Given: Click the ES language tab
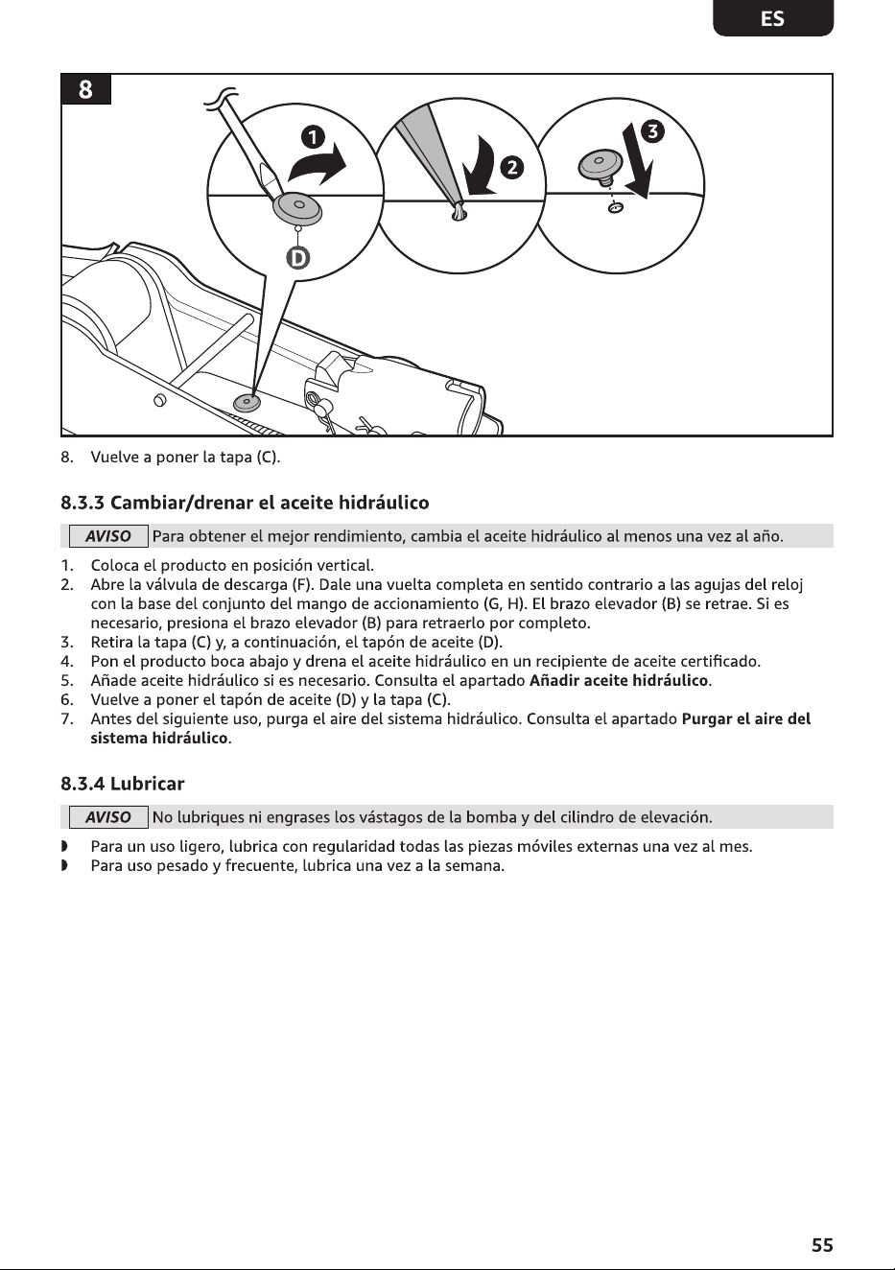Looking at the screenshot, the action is pyautogui.click(x=773, y=18).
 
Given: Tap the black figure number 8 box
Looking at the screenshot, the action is pyautogui.click(x=85, y=89).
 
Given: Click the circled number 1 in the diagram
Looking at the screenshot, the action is pyautogui.click(x=313, y=137).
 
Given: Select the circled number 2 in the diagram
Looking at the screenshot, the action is pyautogui.click(x=512, y=168).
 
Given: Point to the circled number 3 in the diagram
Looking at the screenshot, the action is pyautogui.click(x=652, y=131).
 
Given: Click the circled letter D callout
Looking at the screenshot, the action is pyautogui.click(x=297, y=259).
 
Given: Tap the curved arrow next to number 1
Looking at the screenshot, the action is pyautogui.click(x=318, y=164).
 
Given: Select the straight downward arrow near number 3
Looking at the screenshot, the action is pyautogui.click(x=639, y=161).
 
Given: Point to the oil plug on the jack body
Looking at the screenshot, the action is pyautogui.click(x=247, y=403).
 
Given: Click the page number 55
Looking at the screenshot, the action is pyautogui.click(x=822, y=1245).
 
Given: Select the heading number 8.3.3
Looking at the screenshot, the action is pyautogui.click(x=82, y=503).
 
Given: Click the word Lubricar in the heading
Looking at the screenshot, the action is pyautogui.click(x=148, y=784).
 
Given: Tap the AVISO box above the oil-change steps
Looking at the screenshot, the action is pyautogui.click(x=108, y=536).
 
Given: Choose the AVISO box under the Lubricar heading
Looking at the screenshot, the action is pyautogui.click(x=108, y=817).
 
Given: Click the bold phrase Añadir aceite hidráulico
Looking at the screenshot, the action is pyautogui.click(x=619, y=680).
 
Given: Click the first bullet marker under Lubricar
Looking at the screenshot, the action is pyautogui.click(x=64, y=847).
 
